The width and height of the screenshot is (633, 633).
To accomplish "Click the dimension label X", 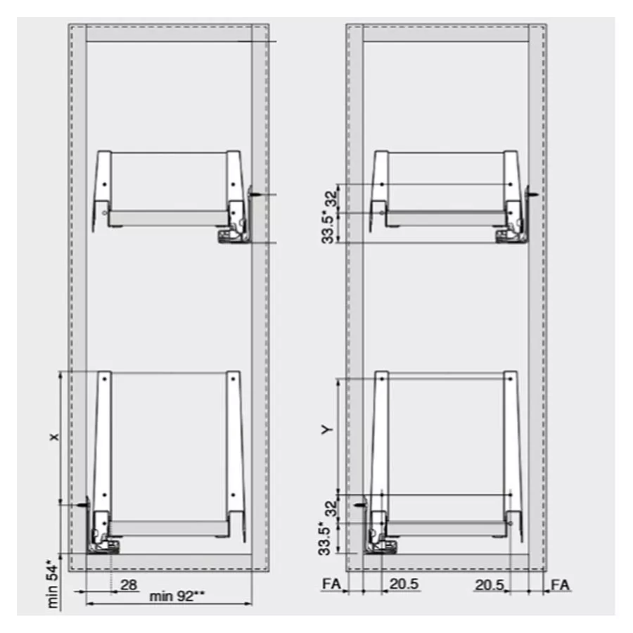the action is click(54, 437).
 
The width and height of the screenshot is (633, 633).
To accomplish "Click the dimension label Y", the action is click(327, 429).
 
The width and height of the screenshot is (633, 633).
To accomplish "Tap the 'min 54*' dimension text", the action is click(53, 583).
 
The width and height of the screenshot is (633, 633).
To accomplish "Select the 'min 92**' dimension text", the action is click(177, 596).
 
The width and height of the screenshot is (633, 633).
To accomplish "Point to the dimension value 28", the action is click(129, 584).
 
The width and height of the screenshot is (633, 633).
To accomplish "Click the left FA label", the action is click(331, 584).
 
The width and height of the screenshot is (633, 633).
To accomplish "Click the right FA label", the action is click(561, 584).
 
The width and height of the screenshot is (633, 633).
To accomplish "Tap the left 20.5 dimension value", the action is click(404, 584).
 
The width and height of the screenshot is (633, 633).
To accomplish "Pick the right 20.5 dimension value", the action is click(490, 584).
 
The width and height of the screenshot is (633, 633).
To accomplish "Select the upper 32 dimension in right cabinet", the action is click(331, 198).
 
